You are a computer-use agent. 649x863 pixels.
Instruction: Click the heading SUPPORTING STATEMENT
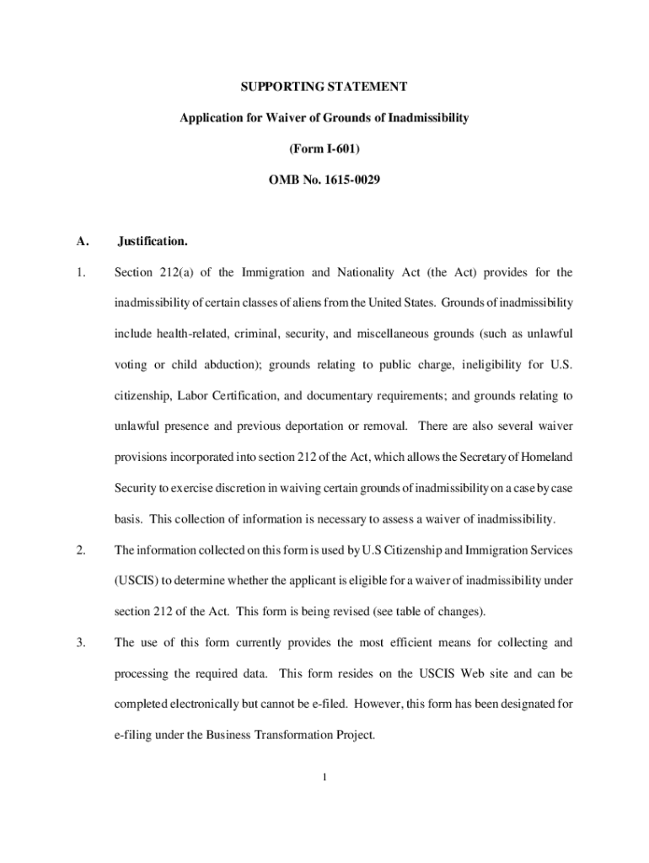[x=324, y=87]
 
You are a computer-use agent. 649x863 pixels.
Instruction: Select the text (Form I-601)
[x=324, y=149]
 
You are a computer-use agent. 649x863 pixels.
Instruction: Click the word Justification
[x=152, y=242]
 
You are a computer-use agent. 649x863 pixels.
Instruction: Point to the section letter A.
[x=82, y=242]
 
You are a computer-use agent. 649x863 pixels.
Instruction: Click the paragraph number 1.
[x=79, y=272]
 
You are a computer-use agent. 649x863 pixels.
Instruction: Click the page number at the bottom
[x=324, y=777]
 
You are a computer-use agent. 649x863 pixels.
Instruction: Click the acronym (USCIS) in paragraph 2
[x=136, y=581]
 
